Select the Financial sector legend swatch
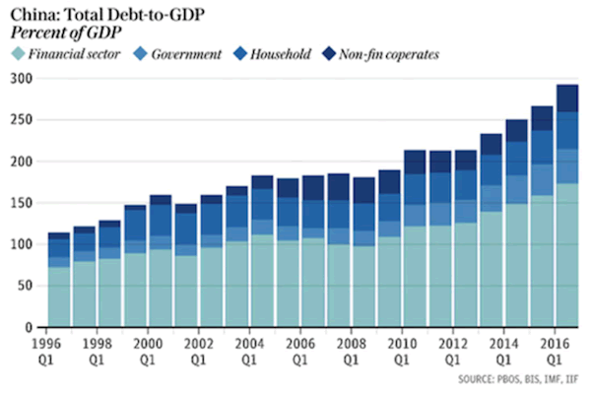(19, 53)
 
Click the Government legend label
(186, 53)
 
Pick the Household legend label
(280, 53)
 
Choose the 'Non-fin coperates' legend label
(389, 53)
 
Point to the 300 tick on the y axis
(22, 78)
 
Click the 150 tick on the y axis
(22, 202)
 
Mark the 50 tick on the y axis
(25, 284)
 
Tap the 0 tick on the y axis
(29, 325)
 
